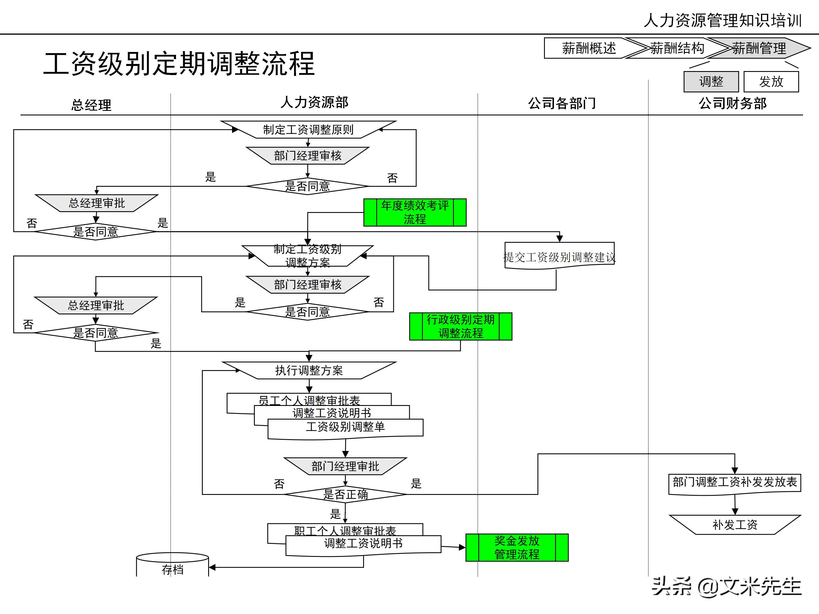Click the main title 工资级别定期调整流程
click(x=179, y=64)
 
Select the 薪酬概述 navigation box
click(x=589, y=48)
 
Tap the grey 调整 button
click(x=711, y=81)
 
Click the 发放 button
click(x=771, y=81)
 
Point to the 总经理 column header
click(x=91, y=105)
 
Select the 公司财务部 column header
click(x=732, y=103)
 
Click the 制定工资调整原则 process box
click(x=308, y=130)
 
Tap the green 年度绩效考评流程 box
click(x=415, y=212)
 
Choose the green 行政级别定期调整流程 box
click(x=461, y=326)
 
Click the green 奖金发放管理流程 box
click(x=517, y=547)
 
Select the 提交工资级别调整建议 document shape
click(x=559, y=256)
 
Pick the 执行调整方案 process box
click(x=309, y=370)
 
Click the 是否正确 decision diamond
click(x=345, y=494)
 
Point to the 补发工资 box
click(x=735, y=524)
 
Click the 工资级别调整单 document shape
click(x=345, y=428)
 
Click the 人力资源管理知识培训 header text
click(x=722, y=20)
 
